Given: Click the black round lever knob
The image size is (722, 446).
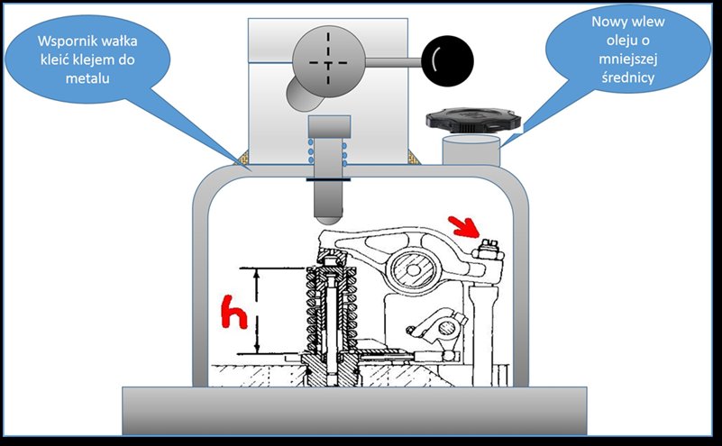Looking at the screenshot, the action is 448,60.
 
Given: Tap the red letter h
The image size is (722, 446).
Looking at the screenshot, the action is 234,312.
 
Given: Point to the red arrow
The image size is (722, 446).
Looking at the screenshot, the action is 463,226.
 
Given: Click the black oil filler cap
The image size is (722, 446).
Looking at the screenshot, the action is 473,120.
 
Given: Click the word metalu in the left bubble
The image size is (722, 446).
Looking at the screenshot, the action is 87,78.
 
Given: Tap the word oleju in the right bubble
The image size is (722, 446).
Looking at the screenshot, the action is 627,41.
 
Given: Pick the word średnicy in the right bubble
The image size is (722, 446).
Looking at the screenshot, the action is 627,77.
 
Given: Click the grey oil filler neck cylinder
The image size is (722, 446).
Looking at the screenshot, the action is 471,150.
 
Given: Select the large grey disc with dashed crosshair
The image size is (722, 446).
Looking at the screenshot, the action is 328,61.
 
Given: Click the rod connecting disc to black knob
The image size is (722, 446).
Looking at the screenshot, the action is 394,62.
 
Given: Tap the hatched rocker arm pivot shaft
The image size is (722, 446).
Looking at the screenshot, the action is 413,269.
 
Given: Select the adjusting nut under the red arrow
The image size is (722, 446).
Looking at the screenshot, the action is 488,250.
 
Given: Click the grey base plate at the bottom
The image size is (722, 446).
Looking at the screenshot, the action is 354,411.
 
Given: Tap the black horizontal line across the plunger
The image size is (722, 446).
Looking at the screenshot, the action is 328,179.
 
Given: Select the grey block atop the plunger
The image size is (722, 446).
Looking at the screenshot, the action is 329,126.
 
